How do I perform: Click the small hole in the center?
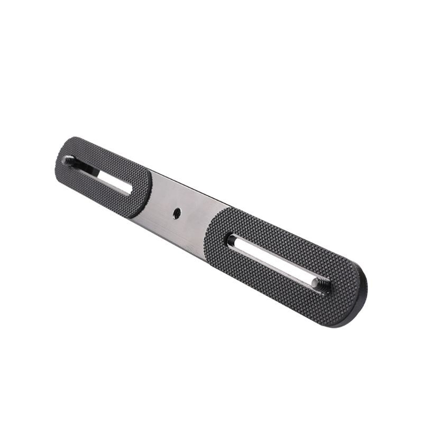[177, 213]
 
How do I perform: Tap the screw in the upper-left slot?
[69, 160]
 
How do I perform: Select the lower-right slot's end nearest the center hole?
[231, 241]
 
